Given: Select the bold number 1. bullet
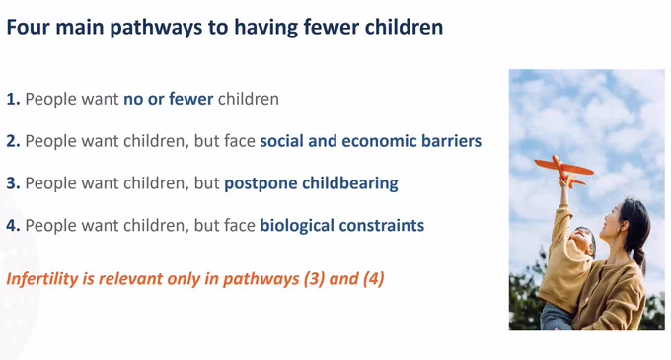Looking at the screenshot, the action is pos(13,99).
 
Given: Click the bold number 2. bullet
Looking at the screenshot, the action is pos(13,141).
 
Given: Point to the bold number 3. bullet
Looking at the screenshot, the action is pos(13,183).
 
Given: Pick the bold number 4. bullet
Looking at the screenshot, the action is pos(13,225).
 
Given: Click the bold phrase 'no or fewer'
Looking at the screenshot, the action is pos(168,99).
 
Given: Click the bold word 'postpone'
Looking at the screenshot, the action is pos(261,183).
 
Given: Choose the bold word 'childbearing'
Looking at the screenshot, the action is pos(350,183).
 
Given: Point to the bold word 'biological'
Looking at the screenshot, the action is pos(297,226).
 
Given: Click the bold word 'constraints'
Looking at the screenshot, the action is pos(381,226).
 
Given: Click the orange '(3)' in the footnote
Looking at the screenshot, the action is pos(314,279).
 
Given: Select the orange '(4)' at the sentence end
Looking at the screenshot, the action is pos(374,279).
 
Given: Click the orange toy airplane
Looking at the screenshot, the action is pos(564,171).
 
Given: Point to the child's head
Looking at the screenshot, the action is pos(583,242).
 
